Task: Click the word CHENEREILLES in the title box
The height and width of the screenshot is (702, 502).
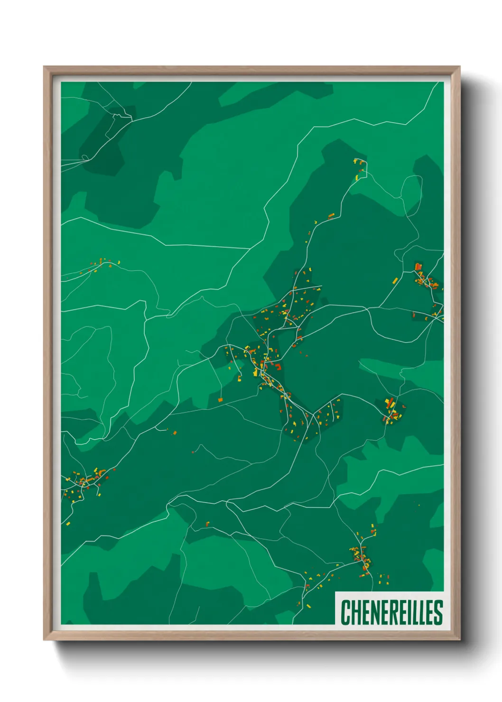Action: point(391,612)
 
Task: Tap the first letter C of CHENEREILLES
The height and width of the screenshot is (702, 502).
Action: point(345,612)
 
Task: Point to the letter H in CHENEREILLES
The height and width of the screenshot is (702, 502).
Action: point(354,612)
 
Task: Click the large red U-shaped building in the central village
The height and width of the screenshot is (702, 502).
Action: point(278,366)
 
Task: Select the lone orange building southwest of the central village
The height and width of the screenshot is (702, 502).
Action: point(220,400)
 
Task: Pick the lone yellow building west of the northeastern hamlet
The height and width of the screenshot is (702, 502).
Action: point(395,280)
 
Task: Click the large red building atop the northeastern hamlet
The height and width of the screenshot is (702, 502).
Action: point(418,267)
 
